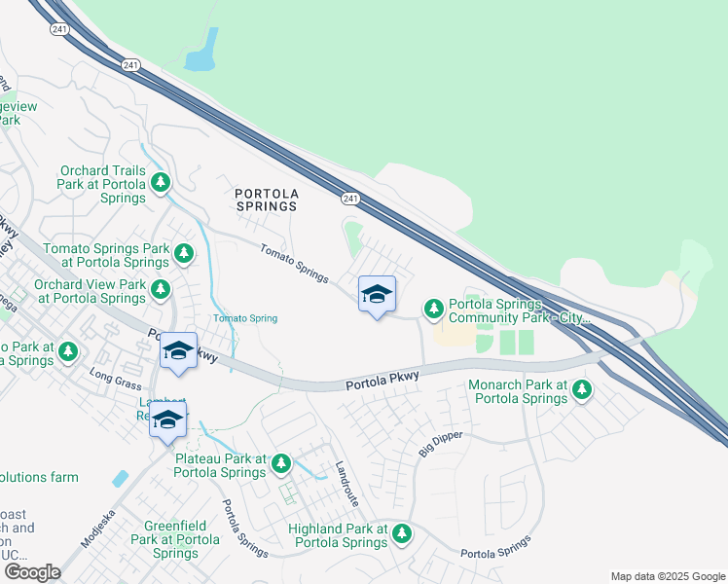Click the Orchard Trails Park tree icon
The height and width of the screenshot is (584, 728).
[160, 182]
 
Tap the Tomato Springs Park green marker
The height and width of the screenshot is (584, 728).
[184, 254]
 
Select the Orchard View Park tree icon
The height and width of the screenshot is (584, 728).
[160, 289]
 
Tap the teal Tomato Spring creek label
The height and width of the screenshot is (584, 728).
[245, 318]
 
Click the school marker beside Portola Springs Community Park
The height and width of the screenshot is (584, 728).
[377, 295]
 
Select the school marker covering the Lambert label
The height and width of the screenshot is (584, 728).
[168, 420]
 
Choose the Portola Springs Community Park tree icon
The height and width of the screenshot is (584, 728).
[434, 310]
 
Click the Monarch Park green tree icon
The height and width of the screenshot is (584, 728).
[581, 390]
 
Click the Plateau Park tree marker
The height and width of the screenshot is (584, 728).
[281, 463]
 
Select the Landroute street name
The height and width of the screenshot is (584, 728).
[346, 483]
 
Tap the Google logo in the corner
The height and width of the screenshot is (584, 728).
[32, 572]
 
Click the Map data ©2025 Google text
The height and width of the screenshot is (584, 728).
[667, 576]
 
